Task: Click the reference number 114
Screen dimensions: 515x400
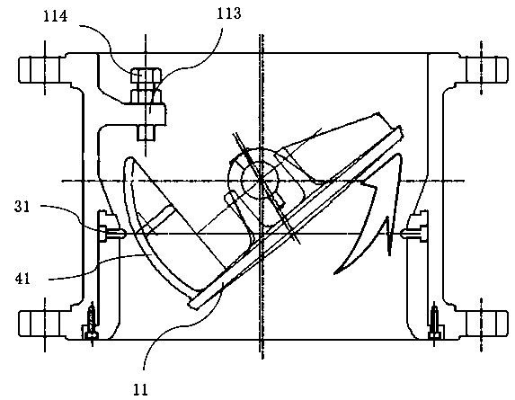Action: (56, 16)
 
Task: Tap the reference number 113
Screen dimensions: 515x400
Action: (229, 13)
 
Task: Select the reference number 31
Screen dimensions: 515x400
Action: (22, 207)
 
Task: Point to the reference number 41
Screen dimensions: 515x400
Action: (22, 279)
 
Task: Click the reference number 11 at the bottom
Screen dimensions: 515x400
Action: (140, 389)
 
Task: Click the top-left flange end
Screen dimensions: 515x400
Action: (40, 69)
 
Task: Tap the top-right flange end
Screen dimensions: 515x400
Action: (487, 69)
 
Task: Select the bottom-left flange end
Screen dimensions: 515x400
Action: (40, 323)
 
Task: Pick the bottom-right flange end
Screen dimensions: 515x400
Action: (487, 323)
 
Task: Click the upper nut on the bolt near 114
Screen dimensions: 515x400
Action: (146, 76)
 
